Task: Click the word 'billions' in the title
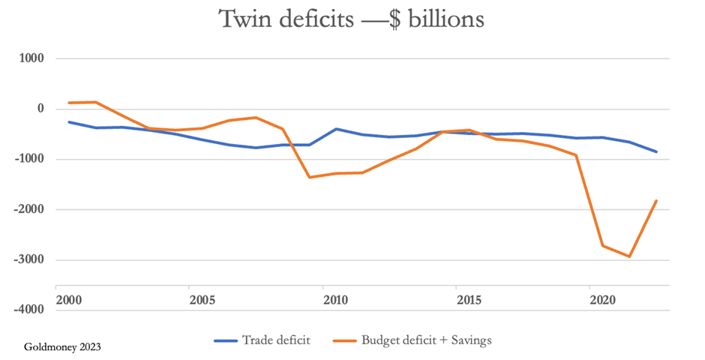pyautogui.click(x=441, y=19)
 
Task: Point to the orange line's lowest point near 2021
pyautogui.click(x=630, y=256)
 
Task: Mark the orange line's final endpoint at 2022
pyautogui.click(x=657, y=200)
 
